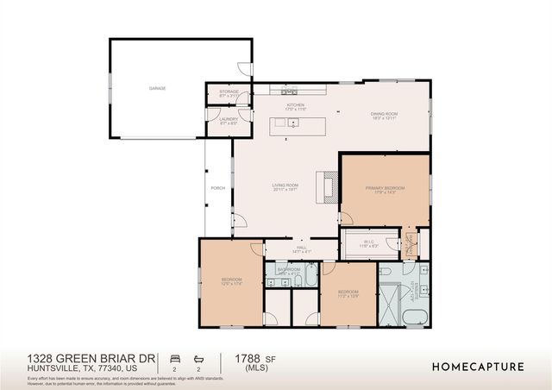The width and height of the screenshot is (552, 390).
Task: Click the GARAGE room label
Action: pyautogui.click(x=157, y=88)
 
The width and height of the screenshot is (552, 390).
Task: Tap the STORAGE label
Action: pyautogui.click(x=229, y=91)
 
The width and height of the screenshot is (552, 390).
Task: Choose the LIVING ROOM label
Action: pyautogui.click(x=285, y=186)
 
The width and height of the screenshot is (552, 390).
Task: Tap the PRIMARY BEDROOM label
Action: pyautogui.click(x=385, y=187)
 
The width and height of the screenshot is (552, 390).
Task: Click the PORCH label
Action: pyautogui.click(x=217, y=187)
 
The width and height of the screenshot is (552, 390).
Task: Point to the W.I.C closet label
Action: pyautogui.click(x=367, y=242)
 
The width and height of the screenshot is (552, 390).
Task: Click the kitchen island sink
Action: pyautogui.click(x=293, y=123)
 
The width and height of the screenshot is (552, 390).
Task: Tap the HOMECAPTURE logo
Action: pyautogui.click(x=477, y=367)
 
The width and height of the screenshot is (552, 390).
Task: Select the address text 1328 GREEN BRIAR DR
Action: pyautogui.click(x=91, y=357)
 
